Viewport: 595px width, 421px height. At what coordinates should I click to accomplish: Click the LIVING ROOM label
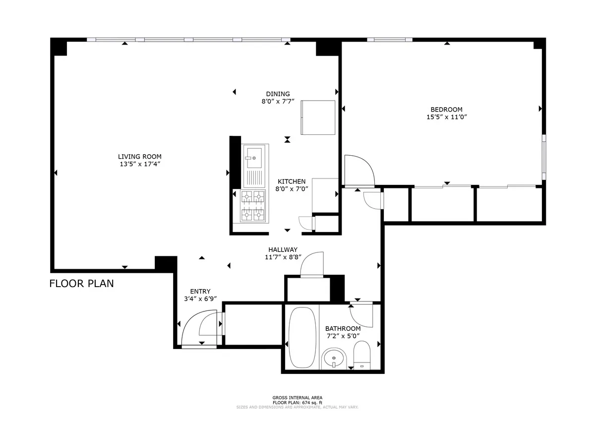[x=139, y=156]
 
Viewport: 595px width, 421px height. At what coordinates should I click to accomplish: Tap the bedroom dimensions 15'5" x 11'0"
[x=447, y=118]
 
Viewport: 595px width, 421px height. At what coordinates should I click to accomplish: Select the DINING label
[x=278, y=94]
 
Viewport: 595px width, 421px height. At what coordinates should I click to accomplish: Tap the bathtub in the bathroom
[x=302, y=337]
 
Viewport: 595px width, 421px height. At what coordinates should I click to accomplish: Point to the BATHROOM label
[x=343, y=328]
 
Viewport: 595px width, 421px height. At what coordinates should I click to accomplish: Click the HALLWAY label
[x=283, y=249]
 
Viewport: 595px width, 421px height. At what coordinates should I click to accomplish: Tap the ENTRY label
[x=200, y=291]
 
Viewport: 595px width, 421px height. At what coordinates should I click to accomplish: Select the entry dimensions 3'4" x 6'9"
[x=200, y=299]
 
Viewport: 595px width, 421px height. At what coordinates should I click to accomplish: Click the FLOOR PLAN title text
[x=82, y=284]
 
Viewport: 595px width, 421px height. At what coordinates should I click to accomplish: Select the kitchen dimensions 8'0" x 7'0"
[x=293, y=188]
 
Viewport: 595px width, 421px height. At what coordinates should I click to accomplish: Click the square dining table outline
[x=318, y=117]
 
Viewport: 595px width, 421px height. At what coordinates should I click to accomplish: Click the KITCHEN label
[x=292, y=181]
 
